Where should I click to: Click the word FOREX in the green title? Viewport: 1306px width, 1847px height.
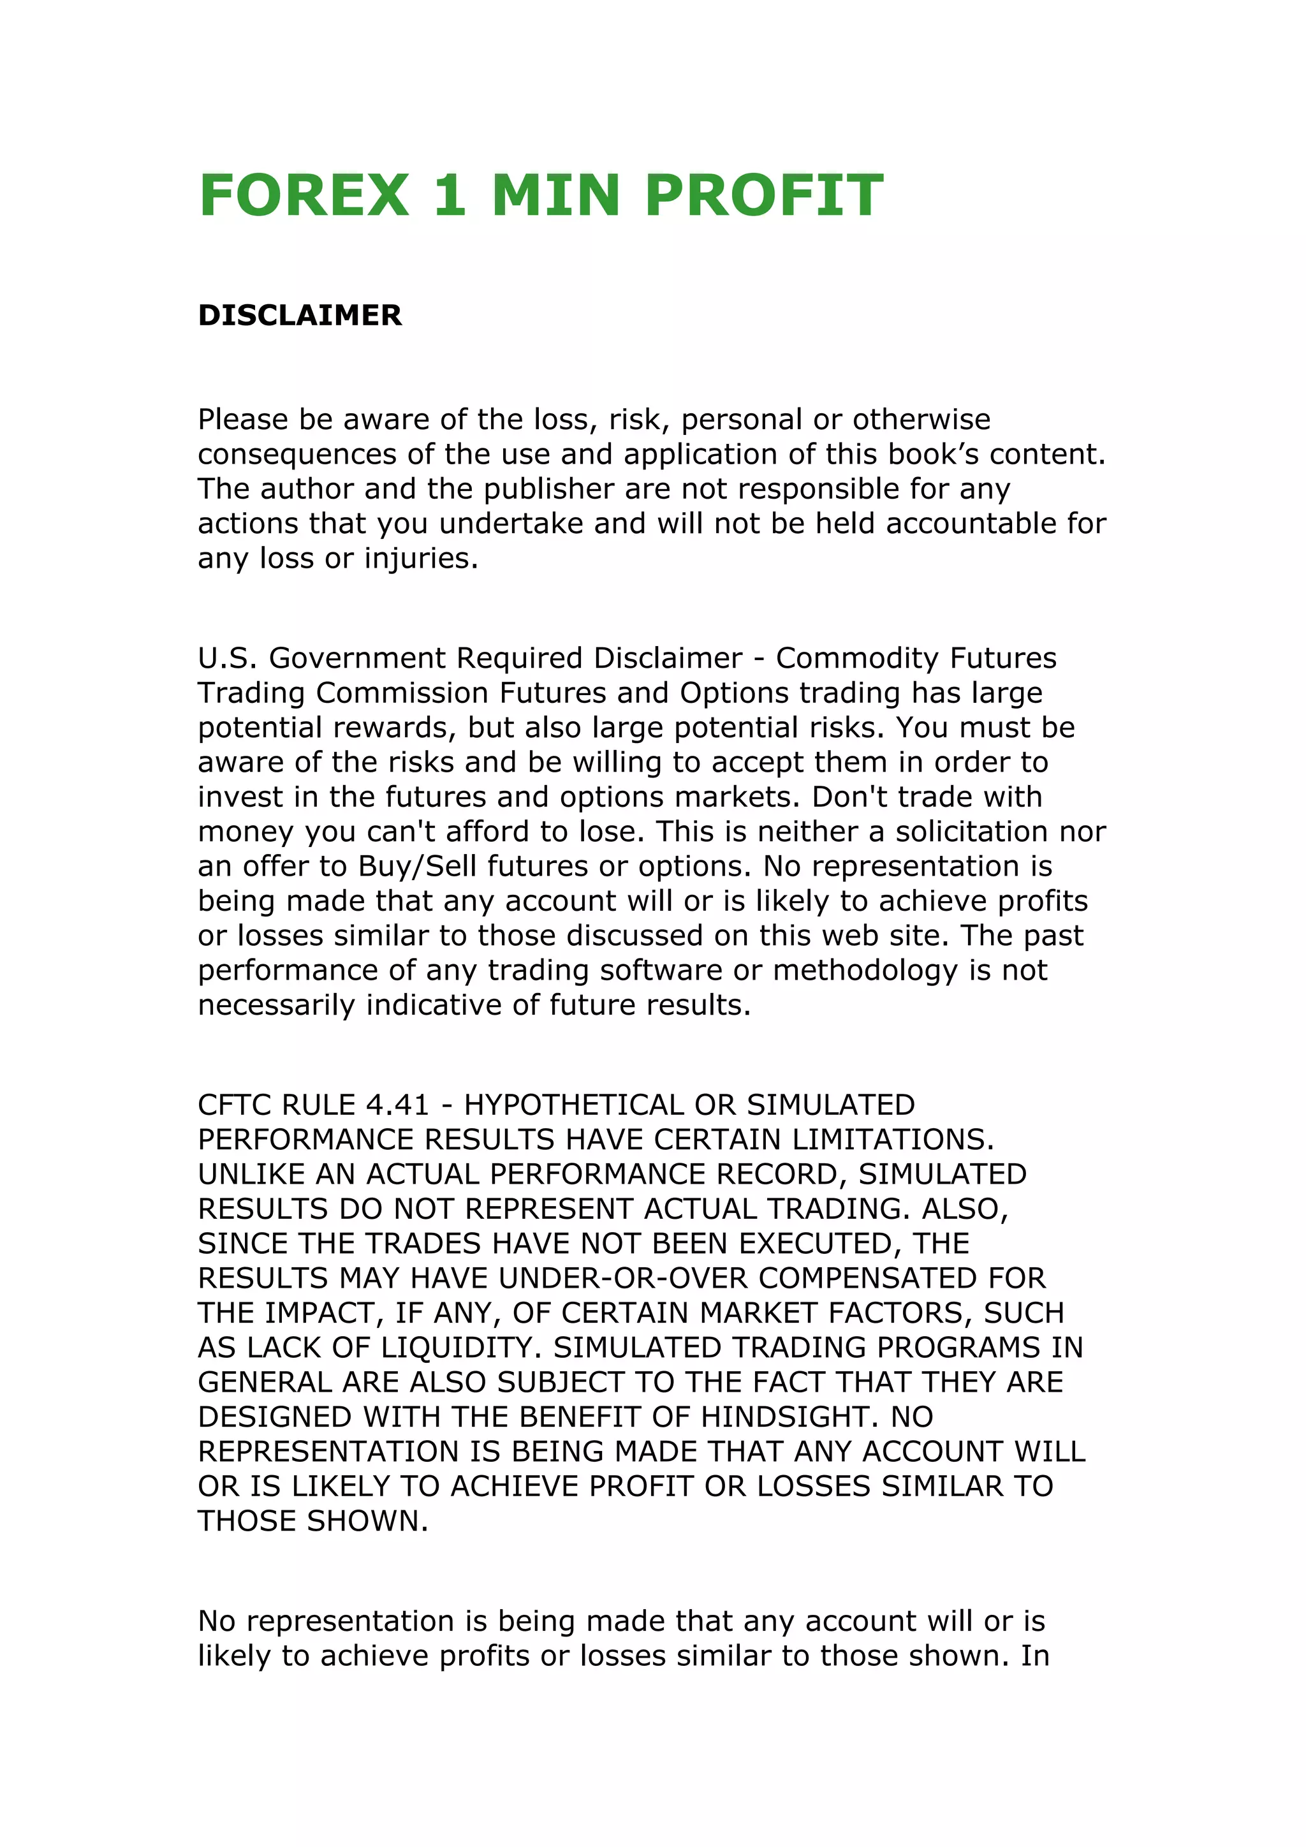tap(304, 196)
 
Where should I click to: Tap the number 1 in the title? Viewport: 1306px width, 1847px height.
tap(450, 196)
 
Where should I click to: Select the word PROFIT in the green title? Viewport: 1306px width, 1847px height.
tap(764, 196)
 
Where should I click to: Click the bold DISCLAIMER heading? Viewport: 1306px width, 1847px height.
tap(300, 315)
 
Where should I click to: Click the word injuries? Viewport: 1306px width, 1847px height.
tap(421, 558)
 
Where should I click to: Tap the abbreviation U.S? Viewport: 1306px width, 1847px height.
tap(228, 658)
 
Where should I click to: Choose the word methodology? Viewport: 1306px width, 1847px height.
tap(865, 971)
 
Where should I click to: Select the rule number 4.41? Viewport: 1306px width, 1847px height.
tap(397, 1105)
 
